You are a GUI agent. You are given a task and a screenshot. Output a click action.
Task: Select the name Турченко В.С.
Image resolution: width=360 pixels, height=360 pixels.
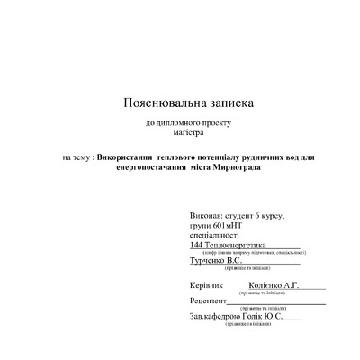[x=217, y=261]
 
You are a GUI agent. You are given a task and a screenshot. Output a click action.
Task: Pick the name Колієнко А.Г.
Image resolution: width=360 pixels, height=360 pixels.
[x=274, y=284]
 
